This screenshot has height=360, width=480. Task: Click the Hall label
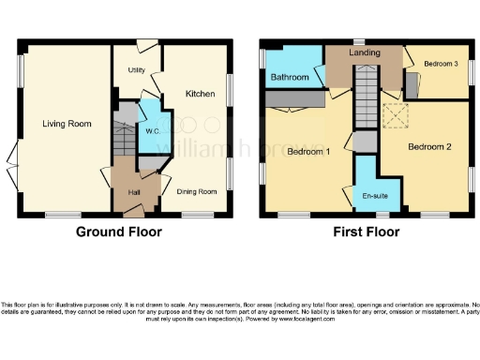134,194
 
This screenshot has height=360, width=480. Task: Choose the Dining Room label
197,191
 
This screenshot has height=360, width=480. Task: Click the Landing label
364,54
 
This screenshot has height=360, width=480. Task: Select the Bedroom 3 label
441,64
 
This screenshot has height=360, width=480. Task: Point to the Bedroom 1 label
307,152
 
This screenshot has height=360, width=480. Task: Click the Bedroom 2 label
430,147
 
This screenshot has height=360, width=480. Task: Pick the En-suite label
376,196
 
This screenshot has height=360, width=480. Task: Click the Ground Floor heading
118,232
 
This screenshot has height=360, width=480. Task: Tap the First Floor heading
364,232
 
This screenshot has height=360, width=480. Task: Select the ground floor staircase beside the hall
124,141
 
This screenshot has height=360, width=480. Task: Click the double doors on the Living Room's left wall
10,164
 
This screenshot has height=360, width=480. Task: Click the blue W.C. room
150,122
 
